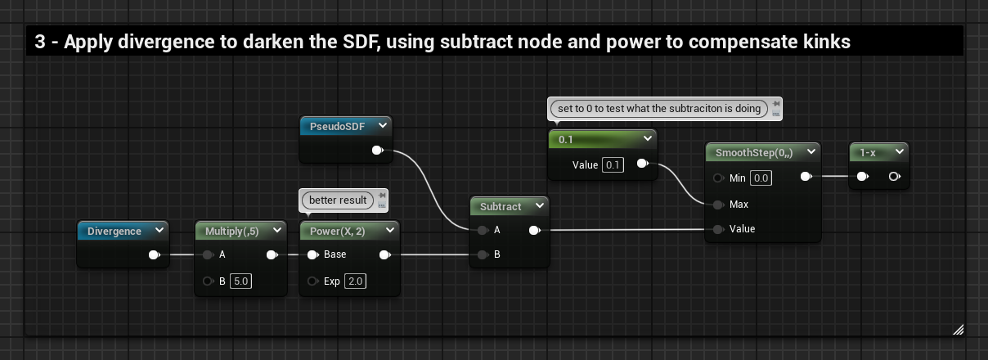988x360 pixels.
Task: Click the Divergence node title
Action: click(114, 232)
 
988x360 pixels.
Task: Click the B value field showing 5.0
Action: click(240, 281)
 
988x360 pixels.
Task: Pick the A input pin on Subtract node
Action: click(483, 230)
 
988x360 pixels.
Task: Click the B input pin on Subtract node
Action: click(483, 254)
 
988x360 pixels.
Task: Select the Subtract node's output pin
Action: click(534, 230)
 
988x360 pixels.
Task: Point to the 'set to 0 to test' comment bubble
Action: click(659, 108)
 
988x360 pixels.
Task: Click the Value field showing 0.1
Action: click(613, 165)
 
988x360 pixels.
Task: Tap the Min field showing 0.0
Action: click(761, 178)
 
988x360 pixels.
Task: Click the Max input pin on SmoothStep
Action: click(718, 204)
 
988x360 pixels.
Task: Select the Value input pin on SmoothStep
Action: click(718, 228)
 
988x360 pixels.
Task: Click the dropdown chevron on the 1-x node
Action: click(899, 152)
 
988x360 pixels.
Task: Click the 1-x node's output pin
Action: click(894, 176)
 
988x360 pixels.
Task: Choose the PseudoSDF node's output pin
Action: click(377, 151)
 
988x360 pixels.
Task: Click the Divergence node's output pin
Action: click(154, 255)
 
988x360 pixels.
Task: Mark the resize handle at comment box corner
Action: click(958, 329)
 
